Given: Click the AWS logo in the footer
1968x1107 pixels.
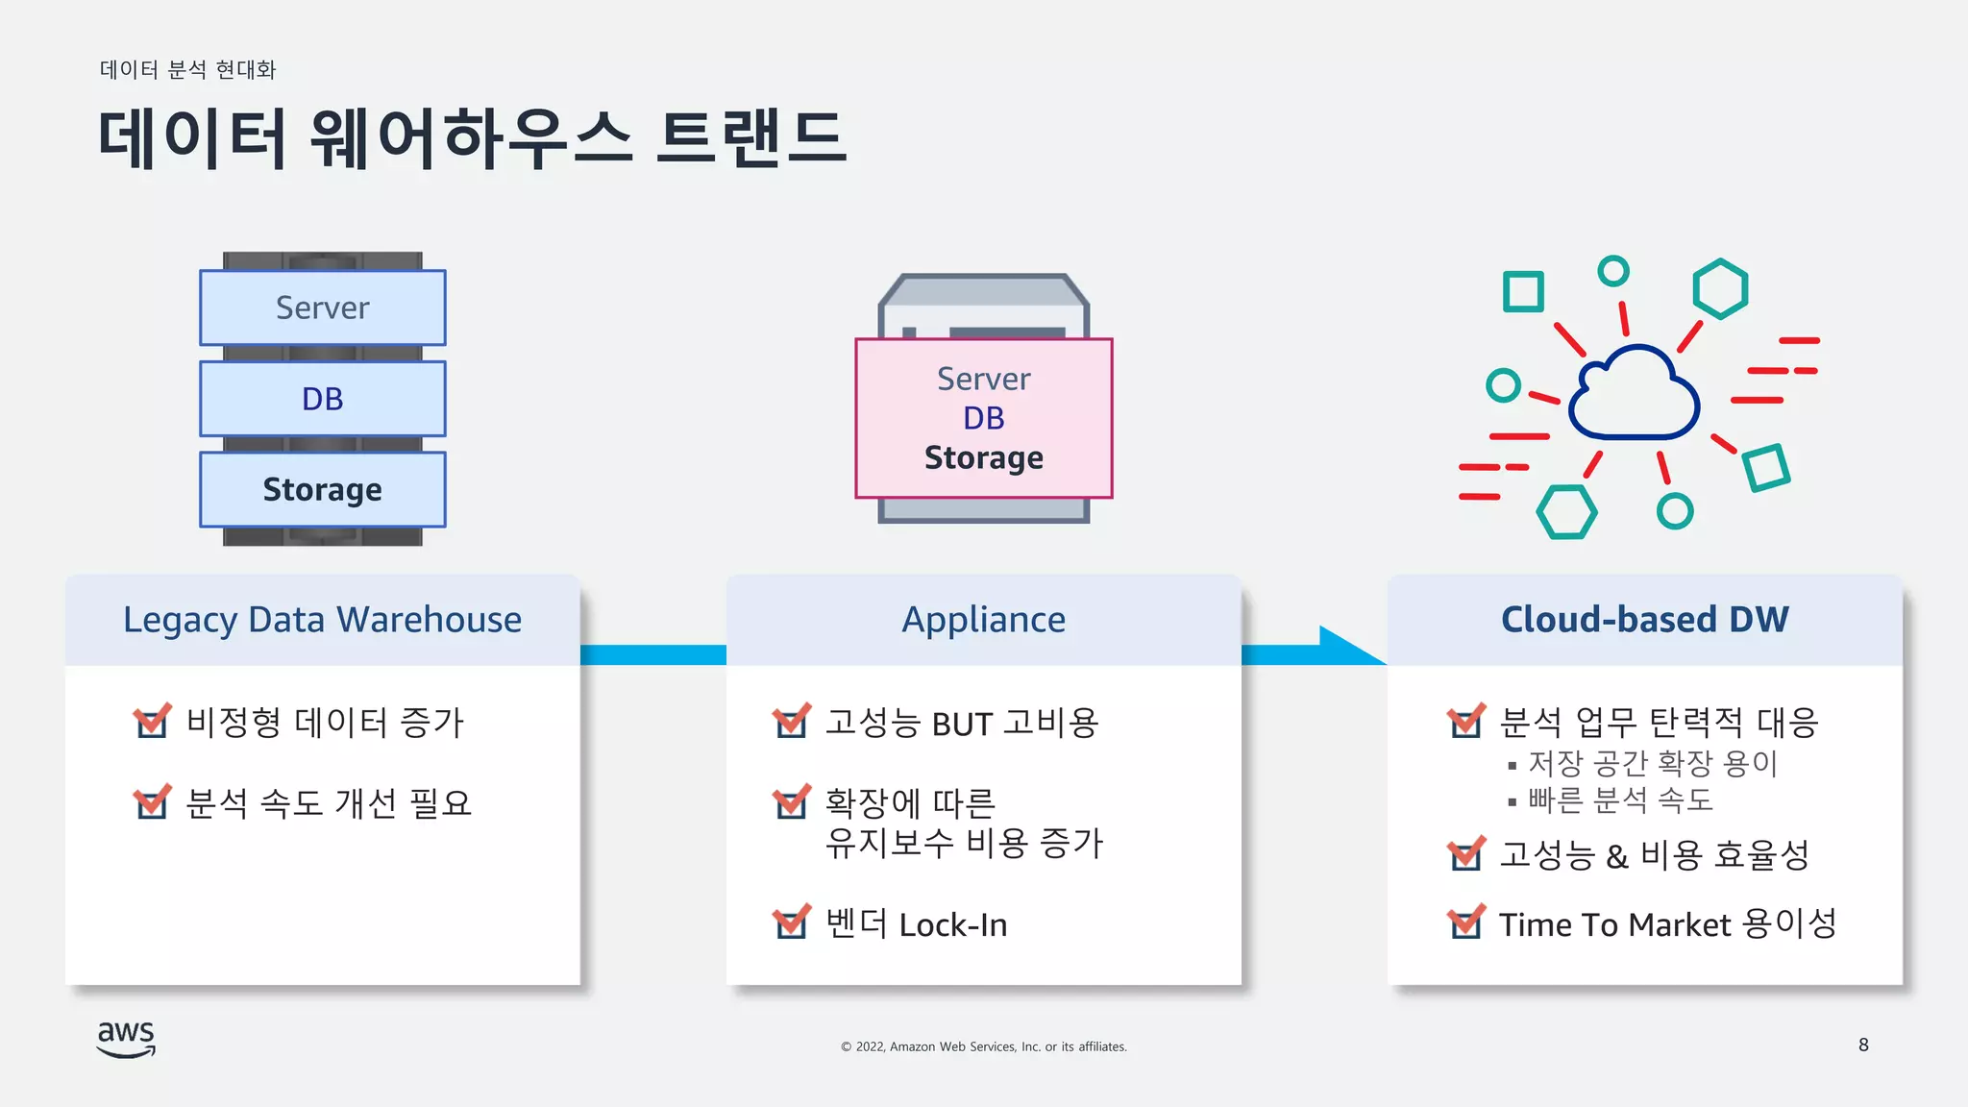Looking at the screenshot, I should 126,1039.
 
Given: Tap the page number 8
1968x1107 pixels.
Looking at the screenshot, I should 1863,1045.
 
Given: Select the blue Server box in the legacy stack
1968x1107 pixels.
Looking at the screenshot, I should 322,307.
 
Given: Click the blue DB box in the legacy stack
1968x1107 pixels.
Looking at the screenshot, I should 322,399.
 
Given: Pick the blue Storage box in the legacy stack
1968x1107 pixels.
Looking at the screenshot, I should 322,489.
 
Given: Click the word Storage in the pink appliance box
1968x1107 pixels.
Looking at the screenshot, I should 983,457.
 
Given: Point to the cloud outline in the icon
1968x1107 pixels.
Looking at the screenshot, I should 1634,394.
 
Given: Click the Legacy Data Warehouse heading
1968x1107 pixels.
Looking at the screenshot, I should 322,620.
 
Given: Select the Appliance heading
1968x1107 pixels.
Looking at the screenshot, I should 983,620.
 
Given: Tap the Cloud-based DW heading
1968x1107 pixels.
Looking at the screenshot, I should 1644,620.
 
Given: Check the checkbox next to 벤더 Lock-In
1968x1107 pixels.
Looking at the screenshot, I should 791,923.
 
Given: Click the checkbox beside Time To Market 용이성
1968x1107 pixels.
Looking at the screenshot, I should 1465,923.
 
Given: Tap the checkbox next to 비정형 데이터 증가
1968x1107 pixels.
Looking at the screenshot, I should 151,722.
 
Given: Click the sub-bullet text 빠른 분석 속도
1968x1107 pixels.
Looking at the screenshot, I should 1620,799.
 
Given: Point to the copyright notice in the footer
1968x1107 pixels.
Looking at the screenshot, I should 983,1046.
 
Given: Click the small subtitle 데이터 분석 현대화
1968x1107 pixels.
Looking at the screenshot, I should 187,69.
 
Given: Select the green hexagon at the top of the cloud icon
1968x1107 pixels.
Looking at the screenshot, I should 1719,288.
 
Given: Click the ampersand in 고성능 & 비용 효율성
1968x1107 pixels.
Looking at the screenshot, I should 1616,855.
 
